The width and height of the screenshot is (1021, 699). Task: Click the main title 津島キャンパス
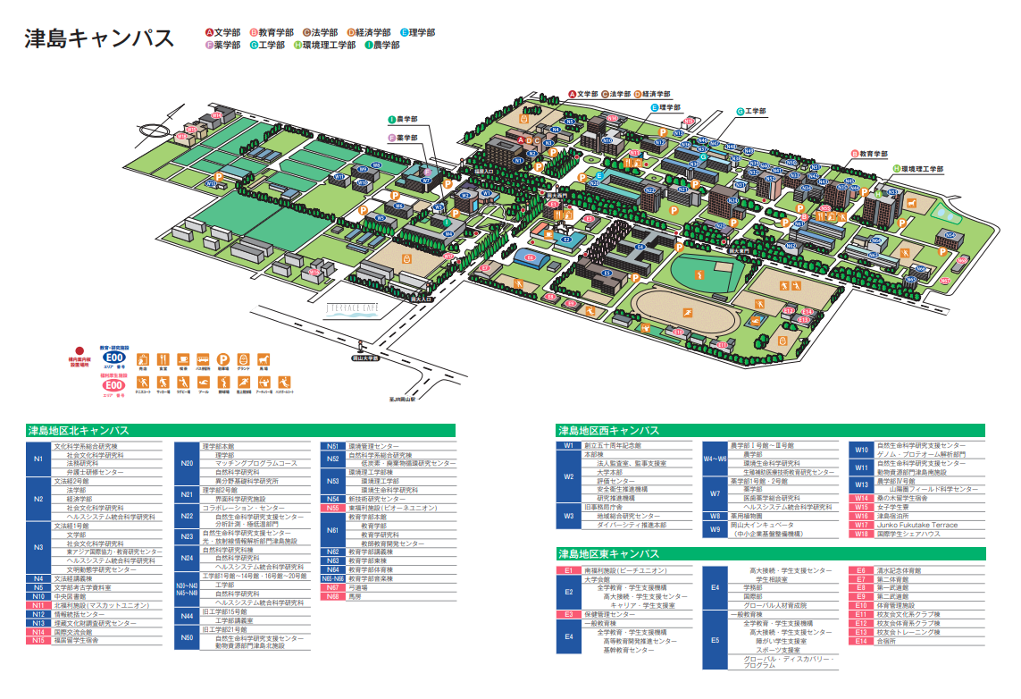pos(99,38)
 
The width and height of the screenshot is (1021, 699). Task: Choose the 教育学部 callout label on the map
pos(869,154)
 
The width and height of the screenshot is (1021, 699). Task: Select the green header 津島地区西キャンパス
pos(608,431)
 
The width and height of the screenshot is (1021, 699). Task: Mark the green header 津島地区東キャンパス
pos(608,554)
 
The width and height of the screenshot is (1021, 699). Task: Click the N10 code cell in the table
pos(38,596)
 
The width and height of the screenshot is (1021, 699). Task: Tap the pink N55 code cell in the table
pos(332,508)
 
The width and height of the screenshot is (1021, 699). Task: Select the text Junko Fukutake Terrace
pos(917,526)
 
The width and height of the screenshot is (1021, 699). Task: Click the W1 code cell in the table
pos(568,445)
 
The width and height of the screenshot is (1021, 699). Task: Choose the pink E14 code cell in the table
pos(861,641)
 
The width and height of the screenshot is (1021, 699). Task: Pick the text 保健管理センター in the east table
pos(611,615)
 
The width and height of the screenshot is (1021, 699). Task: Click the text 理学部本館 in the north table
pos(219,445)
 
